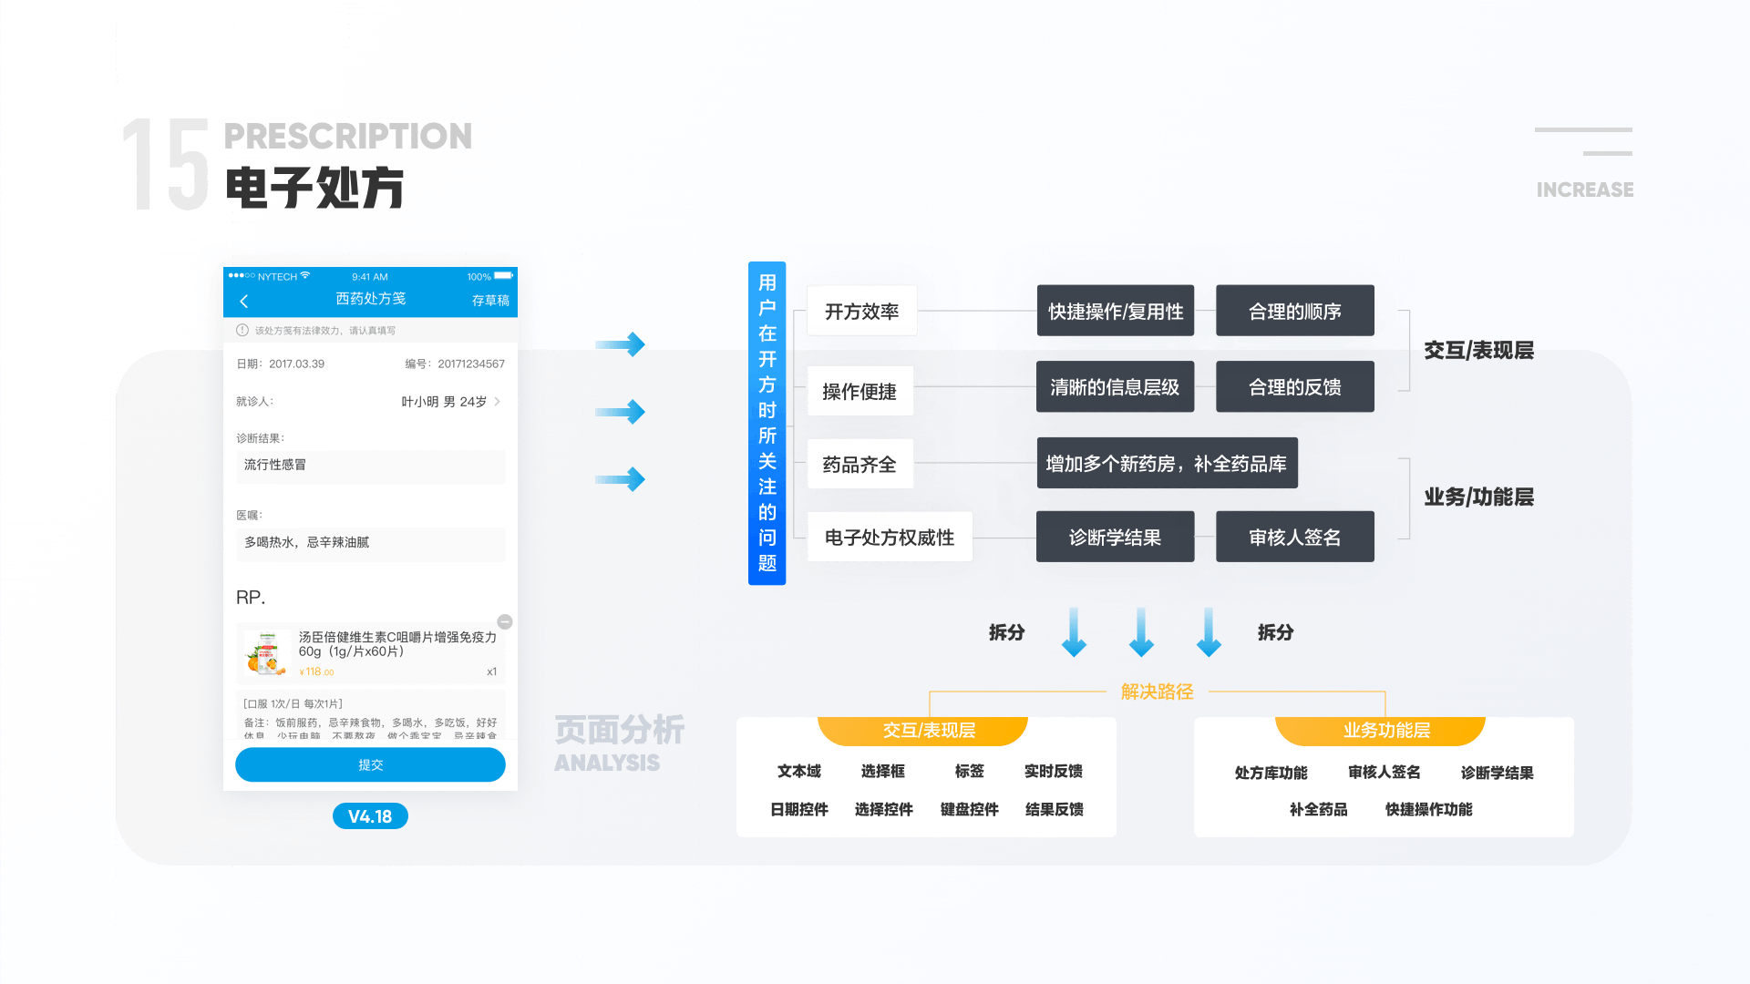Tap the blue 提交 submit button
pos(370,765)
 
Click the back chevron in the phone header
pos(244,301)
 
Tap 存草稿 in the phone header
pos(490,301)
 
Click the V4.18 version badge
pos(370,816)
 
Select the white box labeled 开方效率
pos(861,312)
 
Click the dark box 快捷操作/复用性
pos(1115,312)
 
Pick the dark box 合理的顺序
pos(1294,312)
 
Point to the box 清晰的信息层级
pos(1115,387)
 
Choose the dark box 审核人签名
pos(1294,538)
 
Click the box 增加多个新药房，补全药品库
pos(1167,464)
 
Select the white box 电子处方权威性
pos(889,538)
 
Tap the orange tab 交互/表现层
pos(928,731)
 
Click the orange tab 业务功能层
pos(1385,731)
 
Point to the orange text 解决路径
pos(1157,692)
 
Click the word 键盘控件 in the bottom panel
pos(969,809)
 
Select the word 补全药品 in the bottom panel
pos(1318,809)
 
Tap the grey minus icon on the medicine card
pos(505,621)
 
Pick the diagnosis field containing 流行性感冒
pos(370,466)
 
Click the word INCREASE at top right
pos(1584,190)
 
